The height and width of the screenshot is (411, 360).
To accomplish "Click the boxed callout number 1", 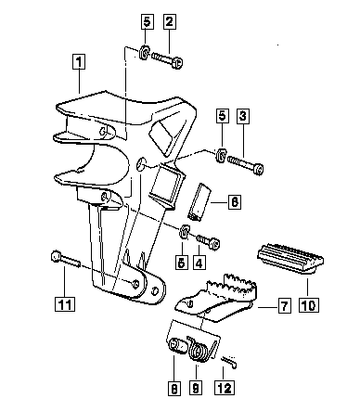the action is (79, 62).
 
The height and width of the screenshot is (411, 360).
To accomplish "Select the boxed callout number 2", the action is (170, 22).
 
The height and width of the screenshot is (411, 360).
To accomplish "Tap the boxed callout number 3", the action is (243, 116).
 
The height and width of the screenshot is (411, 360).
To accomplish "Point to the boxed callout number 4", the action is (199, 263).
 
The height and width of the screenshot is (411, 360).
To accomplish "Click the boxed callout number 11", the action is (65, 304).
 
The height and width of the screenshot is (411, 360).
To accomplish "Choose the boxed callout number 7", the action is (284, 305).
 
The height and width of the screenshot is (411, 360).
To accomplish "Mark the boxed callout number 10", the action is (309, 305).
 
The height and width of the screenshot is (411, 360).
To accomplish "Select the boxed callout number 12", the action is (225, 388).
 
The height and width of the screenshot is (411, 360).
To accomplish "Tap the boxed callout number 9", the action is (196, 388).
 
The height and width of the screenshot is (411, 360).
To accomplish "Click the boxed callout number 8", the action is (174, 388).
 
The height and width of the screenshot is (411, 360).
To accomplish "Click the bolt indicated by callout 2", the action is (167, 59).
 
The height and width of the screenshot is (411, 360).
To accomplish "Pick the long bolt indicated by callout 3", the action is (246, 164).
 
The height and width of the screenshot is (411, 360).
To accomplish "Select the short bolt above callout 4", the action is (209, 242).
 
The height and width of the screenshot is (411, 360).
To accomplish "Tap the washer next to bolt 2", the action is (145, 52).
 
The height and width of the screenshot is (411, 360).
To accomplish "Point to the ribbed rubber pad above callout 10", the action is (290, 259).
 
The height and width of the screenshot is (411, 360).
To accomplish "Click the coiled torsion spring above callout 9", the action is (202, 349).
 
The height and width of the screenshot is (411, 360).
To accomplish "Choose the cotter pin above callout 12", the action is (229, 362).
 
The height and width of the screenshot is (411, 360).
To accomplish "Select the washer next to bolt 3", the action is (222, 155).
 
